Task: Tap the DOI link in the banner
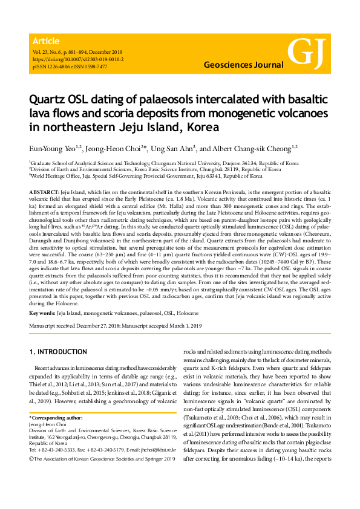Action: tap(77, 60)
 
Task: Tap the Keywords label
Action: tap(42, 314)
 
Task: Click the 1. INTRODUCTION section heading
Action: tap(58, 352)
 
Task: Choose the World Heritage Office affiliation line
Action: tap(145, 176)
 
